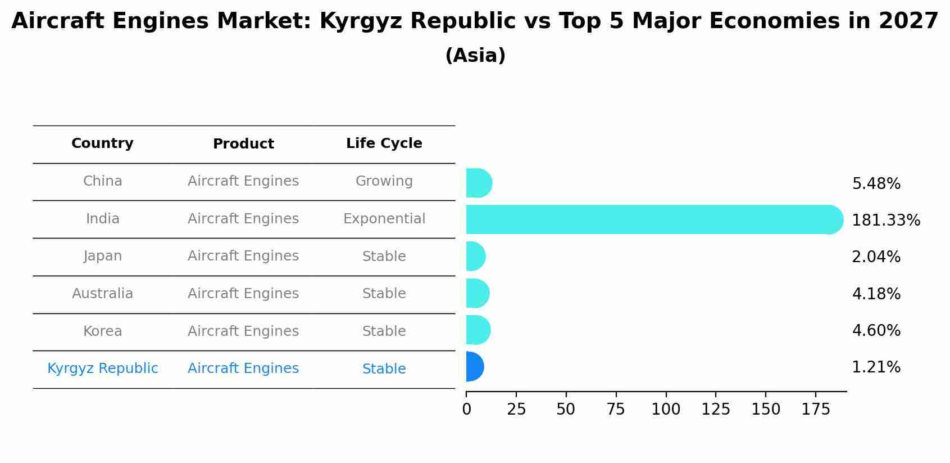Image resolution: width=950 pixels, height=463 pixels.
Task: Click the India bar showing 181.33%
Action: pos(652,219)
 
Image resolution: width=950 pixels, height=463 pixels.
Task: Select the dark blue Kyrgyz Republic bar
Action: pos(474,367)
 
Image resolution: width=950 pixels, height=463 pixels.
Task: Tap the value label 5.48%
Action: pos(876,184)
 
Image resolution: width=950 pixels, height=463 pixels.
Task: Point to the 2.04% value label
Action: pos(876,257)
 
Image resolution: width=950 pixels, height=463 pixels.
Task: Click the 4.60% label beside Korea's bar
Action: pos(876,331)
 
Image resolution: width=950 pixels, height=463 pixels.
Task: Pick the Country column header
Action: pos(102,143)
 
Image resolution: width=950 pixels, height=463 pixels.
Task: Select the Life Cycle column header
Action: pos(384,143)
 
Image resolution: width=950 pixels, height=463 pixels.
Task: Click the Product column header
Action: pos(243,144)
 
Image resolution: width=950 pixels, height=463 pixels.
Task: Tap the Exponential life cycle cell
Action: pos(384,219)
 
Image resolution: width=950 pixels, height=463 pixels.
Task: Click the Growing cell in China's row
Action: pos(384,181)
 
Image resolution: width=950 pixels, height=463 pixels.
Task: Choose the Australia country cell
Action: pos(102,294)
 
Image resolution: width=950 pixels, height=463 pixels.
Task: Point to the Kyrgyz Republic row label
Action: pos(102,368)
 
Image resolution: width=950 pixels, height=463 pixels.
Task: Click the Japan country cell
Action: pos(102,256)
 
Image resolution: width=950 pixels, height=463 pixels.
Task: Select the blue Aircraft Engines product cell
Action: pos(243,368)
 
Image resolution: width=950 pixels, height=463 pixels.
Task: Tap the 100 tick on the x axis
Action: pos(666,410)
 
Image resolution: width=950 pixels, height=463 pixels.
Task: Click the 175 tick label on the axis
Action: pos(816,410)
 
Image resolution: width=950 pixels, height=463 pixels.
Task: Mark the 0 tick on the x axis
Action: pos(466,410)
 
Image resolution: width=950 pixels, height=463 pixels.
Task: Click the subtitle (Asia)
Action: pos(475,56)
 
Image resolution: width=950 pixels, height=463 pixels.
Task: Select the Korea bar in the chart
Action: pos(477,330)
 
